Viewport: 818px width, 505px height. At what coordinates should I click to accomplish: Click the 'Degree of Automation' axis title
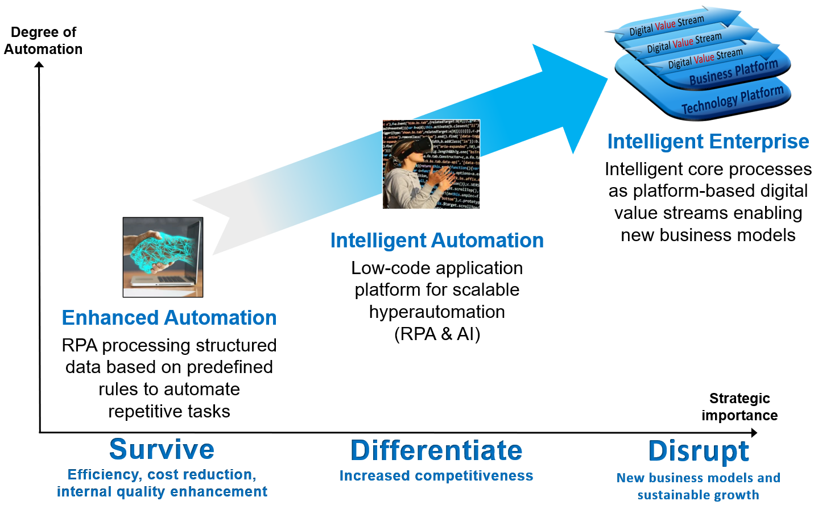point(43,40)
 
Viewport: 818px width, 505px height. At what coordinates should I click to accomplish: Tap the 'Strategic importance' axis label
point(739,407)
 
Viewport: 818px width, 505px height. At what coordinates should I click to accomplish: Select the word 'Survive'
point(162,449)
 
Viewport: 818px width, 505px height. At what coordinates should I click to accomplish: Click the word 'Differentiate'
point(436,450)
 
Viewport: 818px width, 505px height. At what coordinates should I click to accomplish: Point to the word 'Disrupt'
point(699,452)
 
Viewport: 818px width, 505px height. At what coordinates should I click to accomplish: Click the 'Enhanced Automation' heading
point(169,317)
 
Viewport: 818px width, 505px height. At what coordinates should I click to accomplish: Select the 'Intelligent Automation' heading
point(437,240)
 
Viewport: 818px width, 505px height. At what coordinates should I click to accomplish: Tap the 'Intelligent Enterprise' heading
point(708,141)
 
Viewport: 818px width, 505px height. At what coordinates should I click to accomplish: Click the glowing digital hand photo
point(163,257)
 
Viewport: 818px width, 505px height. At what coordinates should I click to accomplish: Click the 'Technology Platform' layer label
point(733,100)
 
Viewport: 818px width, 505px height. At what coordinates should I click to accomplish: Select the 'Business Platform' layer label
point(734,72)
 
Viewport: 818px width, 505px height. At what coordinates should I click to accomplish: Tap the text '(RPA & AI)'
point(437,334)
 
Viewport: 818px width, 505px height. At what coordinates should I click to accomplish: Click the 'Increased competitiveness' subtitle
point(436,476)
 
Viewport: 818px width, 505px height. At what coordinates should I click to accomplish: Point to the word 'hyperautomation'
point(437,312)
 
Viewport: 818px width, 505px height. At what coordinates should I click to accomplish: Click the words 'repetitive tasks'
point(169,412)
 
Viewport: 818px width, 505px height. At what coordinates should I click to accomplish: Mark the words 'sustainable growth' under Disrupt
point(699,495)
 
